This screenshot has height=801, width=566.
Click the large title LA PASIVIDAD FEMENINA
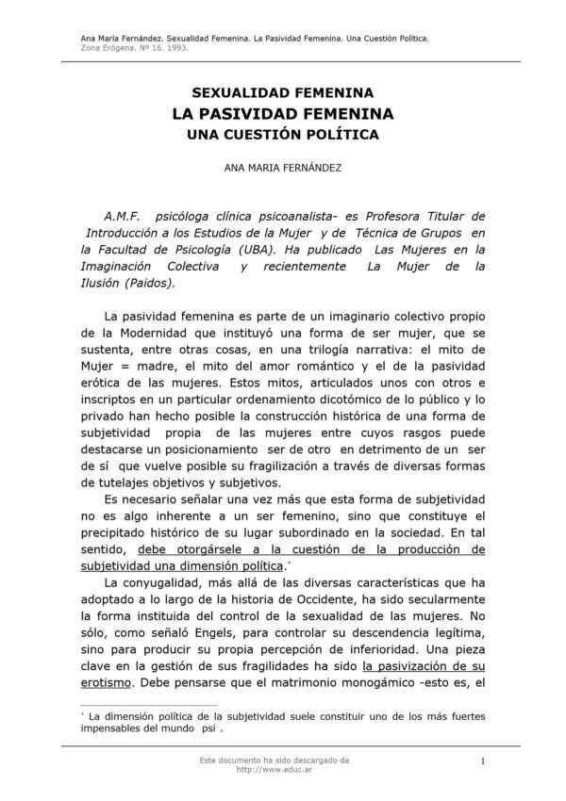(283, 114)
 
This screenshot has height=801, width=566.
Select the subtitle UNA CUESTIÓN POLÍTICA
(283, 135)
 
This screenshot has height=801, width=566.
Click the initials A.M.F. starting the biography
(124, 215)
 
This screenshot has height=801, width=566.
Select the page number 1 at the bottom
(482, 761)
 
